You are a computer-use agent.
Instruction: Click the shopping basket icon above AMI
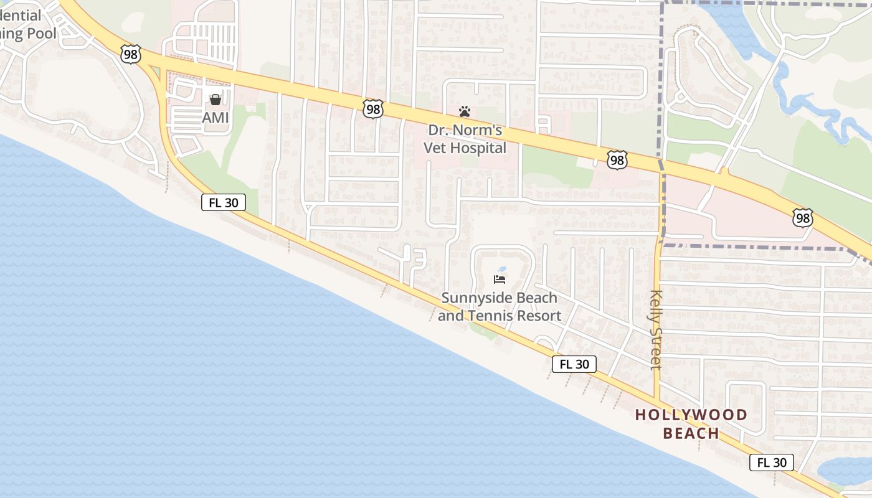click(215, 99)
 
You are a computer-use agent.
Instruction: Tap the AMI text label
click(215, 117)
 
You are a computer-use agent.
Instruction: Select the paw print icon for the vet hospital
click(465, 111)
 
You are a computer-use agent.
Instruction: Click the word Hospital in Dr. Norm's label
click(480, 148)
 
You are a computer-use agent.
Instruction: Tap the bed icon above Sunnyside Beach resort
click(500, 279)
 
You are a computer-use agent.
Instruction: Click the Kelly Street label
click(655, 330)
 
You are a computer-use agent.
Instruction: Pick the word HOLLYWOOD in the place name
click(691, 415)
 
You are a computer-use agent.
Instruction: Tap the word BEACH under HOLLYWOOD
click(691, 433)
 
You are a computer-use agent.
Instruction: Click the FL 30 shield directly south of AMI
click(223, 202)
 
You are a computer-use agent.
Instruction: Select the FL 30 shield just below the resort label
click(574, 364)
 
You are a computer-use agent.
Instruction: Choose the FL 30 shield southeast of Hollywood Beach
click(771, 462)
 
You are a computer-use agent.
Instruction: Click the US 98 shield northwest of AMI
click(131, 54)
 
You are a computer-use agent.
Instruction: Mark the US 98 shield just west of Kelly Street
click(617, 161)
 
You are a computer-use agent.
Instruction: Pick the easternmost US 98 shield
click(803, 218)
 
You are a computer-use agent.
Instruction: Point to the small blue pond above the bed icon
click(503, 270)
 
